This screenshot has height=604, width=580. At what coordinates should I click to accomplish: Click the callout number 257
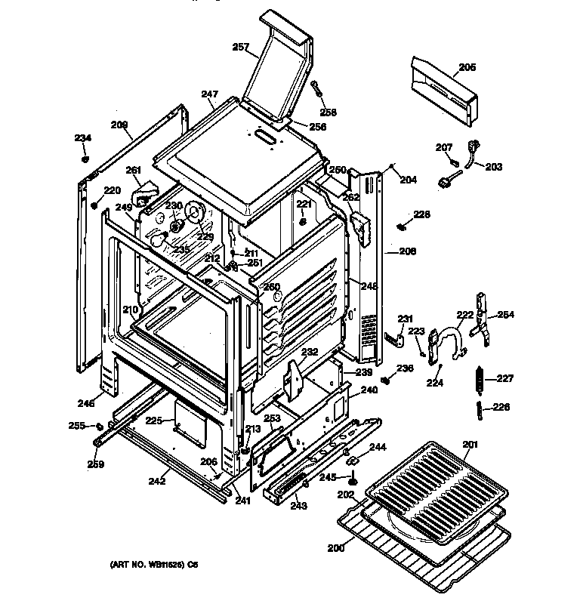(x=240, y=47)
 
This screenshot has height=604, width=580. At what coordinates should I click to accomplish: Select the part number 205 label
(x=467, y=67)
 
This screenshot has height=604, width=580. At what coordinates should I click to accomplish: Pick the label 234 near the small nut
(x=82, y=137)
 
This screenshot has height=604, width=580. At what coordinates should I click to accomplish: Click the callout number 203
(x=493, y=167)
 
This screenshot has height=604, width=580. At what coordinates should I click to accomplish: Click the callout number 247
(x=209, y=94)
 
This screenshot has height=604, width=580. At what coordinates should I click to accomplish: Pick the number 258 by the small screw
(x=329, y=112)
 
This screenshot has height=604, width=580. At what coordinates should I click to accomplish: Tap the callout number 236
(x=406, y=368)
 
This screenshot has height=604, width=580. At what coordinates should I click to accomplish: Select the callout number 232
(x=310, y=352)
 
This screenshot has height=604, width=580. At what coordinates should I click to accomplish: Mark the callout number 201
(x=470, y=444)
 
